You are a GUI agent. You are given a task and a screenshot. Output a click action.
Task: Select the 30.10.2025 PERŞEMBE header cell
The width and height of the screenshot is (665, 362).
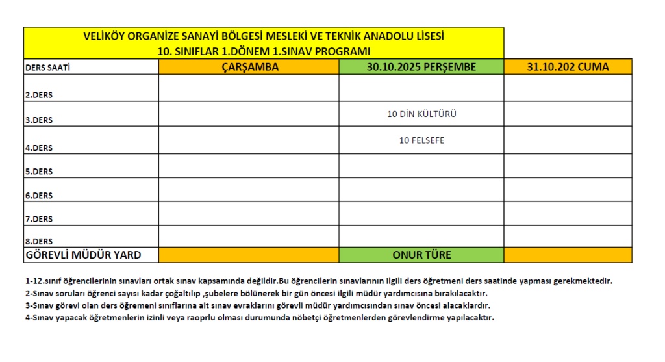click(x=421, y=67)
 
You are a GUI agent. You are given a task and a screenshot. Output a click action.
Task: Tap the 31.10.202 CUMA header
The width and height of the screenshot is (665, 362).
click(x=568, y=67)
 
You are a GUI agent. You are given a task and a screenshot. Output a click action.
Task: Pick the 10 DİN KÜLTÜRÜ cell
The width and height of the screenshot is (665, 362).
click(x=421, y=114)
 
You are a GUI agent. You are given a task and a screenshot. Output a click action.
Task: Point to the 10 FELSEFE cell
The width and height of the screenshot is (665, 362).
click(x=421, y=140)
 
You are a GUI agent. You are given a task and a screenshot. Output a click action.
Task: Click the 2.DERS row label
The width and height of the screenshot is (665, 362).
click(x=39, y=96)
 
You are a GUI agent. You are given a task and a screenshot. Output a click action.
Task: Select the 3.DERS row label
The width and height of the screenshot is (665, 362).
click(x=39, y=120)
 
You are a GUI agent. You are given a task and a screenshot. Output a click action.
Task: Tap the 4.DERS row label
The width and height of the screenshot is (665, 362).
click(x=39, y=148)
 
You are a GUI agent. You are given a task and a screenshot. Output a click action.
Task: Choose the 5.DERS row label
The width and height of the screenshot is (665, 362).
click(x=39, y=172)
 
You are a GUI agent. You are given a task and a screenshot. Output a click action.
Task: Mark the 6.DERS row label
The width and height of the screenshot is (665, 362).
click(x=39, y=196)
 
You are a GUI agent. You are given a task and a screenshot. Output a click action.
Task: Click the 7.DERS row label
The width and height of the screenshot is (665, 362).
click(x=39, y=219)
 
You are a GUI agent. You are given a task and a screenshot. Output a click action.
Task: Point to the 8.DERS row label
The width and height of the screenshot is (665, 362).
click(x=39, y=241)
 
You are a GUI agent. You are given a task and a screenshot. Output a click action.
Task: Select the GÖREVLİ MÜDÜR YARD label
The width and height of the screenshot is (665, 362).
click(x=82, y=255)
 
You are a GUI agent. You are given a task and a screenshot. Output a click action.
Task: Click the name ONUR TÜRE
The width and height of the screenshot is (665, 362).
click(x=421, y=255)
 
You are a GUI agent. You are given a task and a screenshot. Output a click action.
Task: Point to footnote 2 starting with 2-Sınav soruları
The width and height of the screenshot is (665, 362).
click(x=256, y=293)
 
